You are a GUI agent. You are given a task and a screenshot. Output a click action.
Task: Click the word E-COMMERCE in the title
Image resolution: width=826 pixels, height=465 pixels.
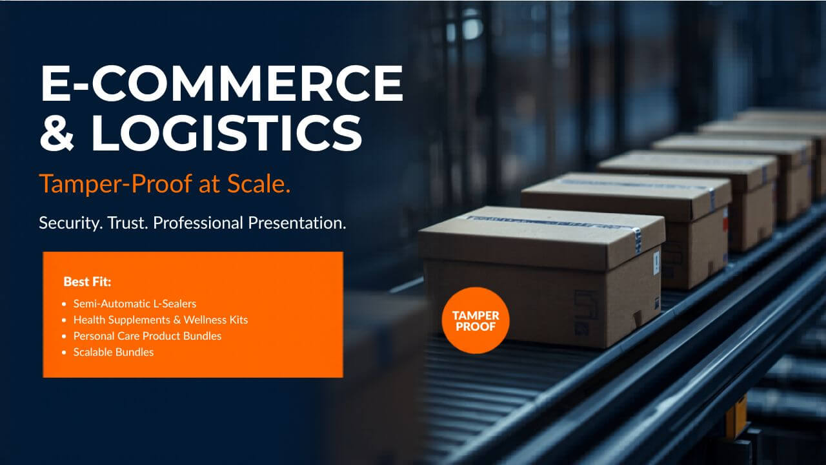tap(221, 84)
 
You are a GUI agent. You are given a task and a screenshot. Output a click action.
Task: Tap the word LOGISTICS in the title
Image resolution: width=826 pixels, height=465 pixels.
tap(227, 133)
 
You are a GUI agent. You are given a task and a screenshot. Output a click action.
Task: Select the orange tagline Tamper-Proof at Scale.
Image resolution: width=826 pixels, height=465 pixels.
tap(165, 184)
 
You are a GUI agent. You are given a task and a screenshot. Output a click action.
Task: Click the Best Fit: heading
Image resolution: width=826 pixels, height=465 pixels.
tap(88, 282)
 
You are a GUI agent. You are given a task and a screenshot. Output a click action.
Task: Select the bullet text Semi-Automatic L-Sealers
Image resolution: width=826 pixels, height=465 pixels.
tap(134, 303)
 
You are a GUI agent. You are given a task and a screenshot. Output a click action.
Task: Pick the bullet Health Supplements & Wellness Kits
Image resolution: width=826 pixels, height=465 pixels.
tap(160, 320)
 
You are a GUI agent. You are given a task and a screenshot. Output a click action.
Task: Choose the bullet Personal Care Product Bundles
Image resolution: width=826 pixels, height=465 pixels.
tap(147, 336)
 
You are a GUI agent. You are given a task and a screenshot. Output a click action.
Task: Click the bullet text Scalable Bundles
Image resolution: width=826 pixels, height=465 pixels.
tap(113, 352)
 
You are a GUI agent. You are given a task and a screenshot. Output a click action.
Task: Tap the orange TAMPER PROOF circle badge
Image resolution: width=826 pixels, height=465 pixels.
tap(476, 320)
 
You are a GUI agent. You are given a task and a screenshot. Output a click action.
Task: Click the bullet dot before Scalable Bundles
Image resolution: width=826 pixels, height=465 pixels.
tap(64, 353)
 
